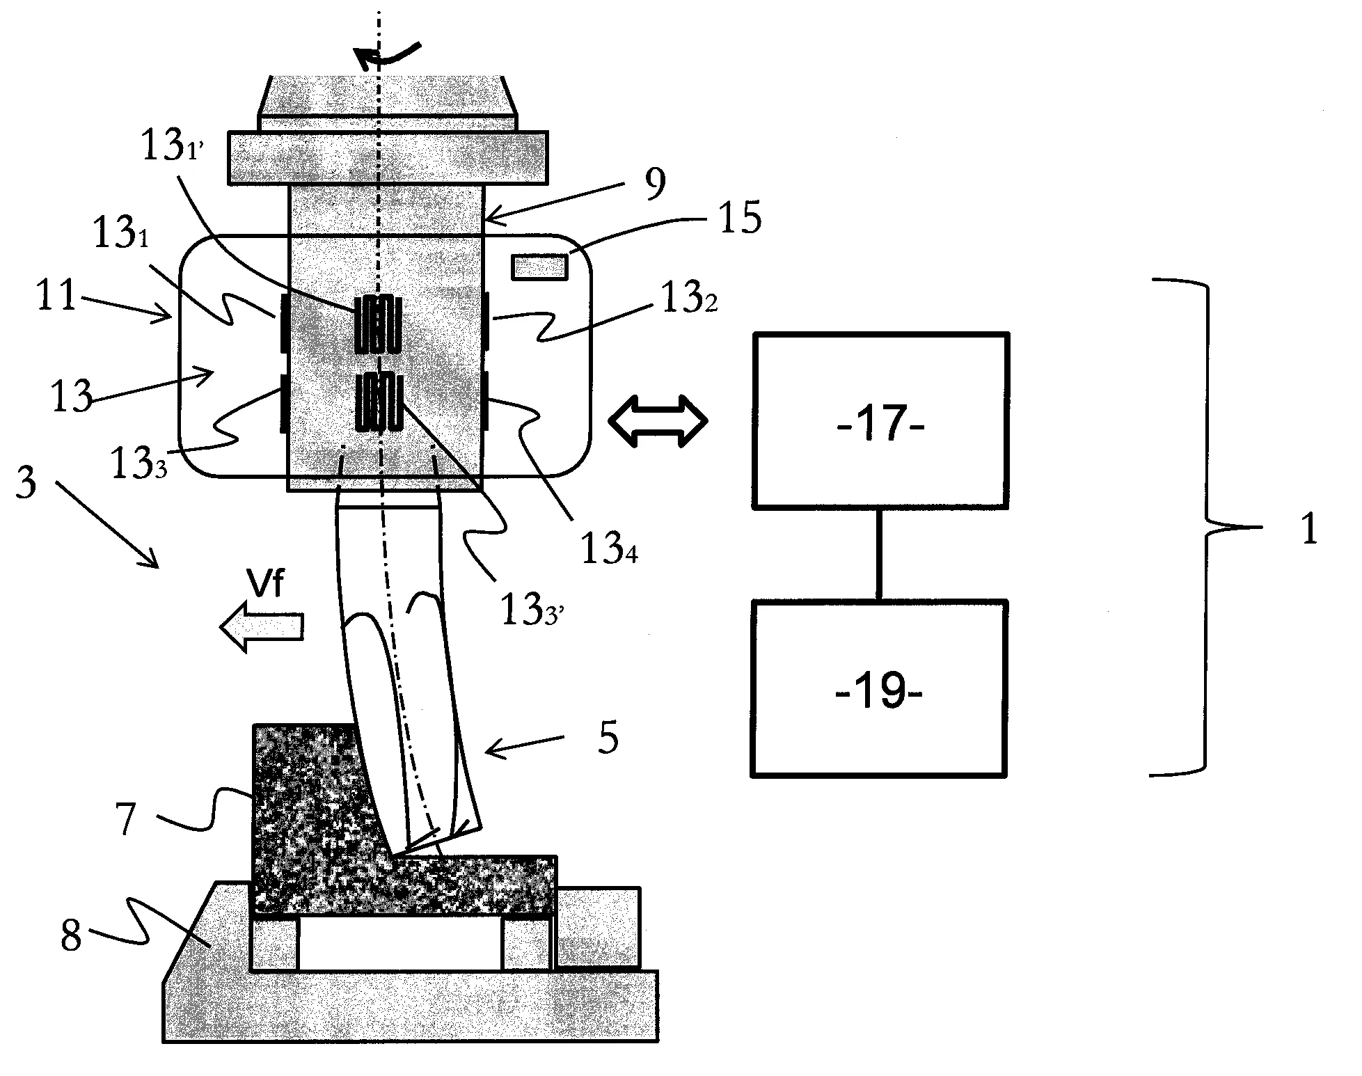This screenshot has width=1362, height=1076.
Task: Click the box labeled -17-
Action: (x=880, y=421)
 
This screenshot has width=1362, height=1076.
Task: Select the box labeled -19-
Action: (x=878, y=689)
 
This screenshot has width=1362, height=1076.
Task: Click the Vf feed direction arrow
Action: (x=262, y=627)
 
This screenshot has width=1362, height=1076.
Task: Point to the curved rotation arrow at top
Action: (x=386, y=56)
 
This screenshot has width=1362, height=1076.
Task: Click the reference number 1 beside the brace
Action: (x=1309, y=530)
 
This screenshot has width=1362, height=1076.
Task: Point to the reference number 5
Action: (x=608, y=739)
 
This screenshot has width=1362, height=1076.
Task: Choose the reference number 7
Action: (x=125, y=819)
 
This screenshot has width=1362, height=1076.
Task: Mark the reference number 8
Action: (x=71, y=936)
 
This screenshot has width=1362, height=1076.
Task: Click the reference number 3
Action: (x=26, y=482)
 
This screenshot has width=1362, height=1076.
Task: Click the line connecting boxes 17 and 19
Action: (x=878, y=554)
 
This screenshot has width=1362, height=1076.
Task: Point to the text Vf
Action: (x=267, y=584)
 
